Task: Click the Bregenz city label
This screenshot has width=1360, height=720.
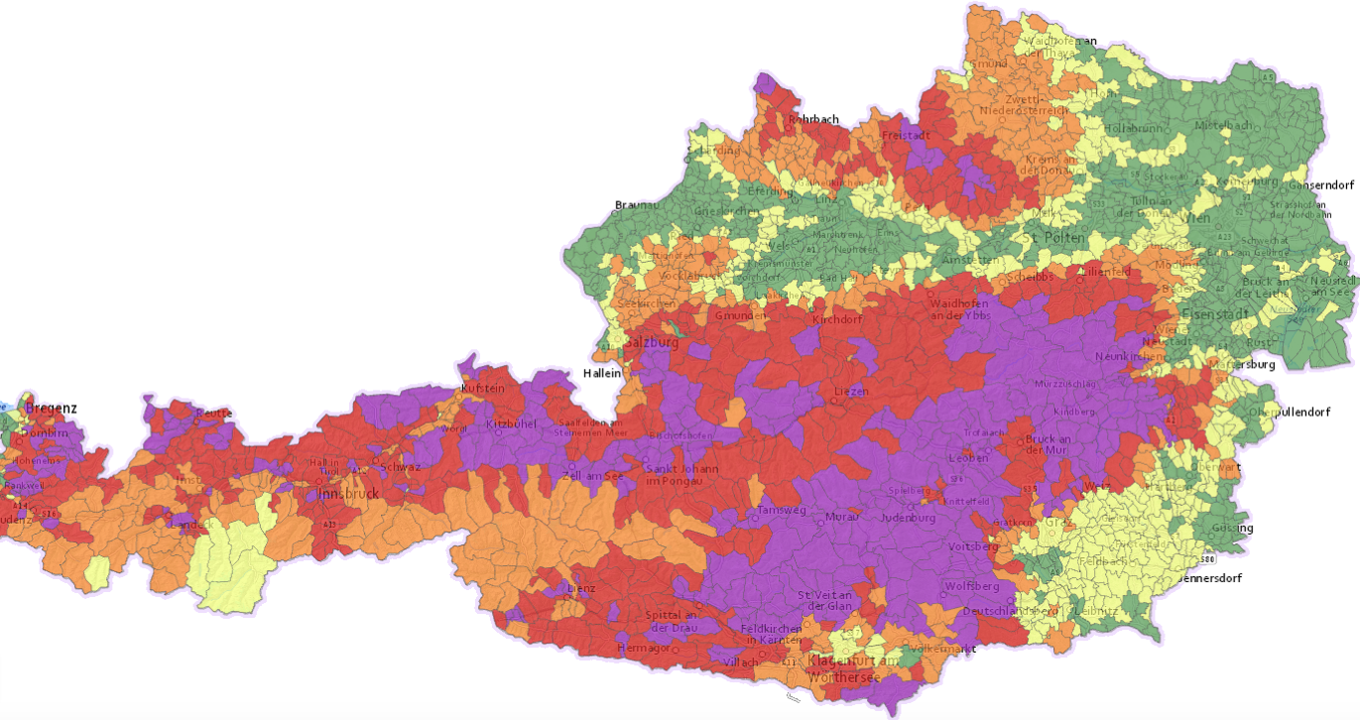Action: pyautogui.click(x=51, y=408)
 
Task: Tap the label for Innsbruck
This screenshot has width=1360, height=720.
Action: pyautogui.click(x=348, y=494)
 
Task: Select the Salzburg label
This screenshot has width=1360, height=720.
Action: pyautogui.click(x=651, y=342)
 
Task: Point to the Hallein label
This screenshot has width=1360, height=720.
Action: pyautogui.click(x=601, y=374)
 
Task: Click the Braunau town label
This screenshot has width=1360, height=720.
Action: pyautogui.click(x=636, y=205)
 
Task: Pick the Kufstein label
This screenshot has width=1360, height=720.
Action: pyautogui.click(x=483, y=388)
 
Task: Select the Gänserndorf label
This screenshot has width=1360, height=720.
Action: pyautogui.click(x=1320, y=185)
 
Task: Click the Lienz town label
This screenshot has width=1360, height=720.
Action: pyautogui.click(x=580, y=588)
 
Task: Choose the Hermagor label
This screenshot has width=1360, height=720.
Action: pyautogui.click(x=645, y=647)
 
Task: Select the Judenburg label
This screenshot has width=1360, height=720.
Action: pyautogui.click(x=907, y=516)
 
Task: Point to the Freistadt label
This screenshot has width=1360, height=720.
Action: pyautogui.click(x=905, y=134)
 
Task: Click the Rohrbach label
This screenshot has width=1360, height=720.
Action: pyautogui.click(x=813, y=119)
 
